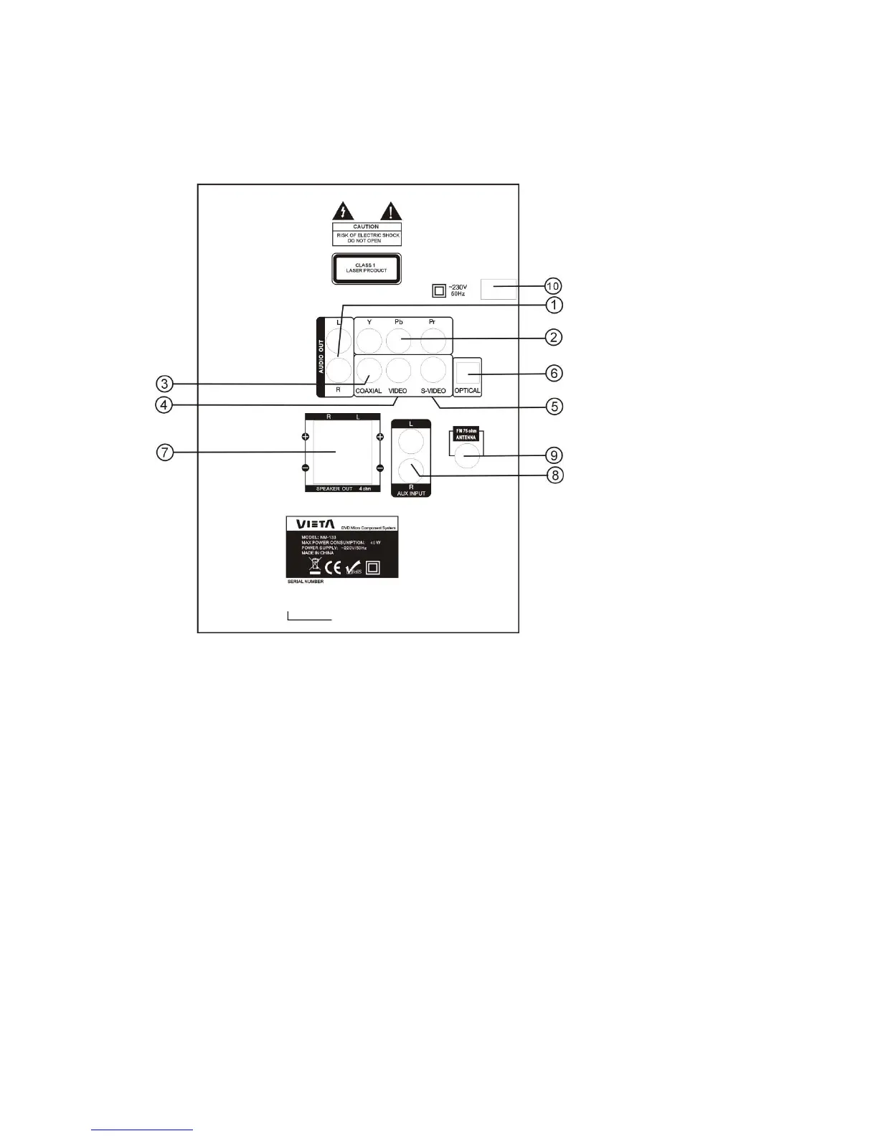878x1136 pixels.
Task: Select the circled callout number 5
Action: pos(553,406)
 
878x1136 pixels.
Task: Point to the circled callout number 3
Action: pos(164,384)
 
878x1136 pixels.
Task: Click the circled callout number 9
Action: pos(553,455)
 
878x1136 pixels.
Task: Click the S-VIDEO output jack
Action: pos(433,370)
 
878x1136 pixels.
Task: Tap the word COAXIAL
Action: pos(368,391)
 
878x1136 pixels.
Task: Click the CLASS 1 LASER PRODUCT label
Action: pos(366,269)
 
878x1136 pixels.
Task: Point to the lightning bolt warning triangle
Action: pos(343,210)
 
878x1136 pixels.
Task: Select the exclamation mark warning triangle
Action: pos(390,210)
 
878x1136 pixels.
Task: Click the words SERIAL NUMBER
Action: pos(305,582)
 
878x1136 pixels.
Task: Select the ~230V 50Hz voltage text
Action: pos(458,290)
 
